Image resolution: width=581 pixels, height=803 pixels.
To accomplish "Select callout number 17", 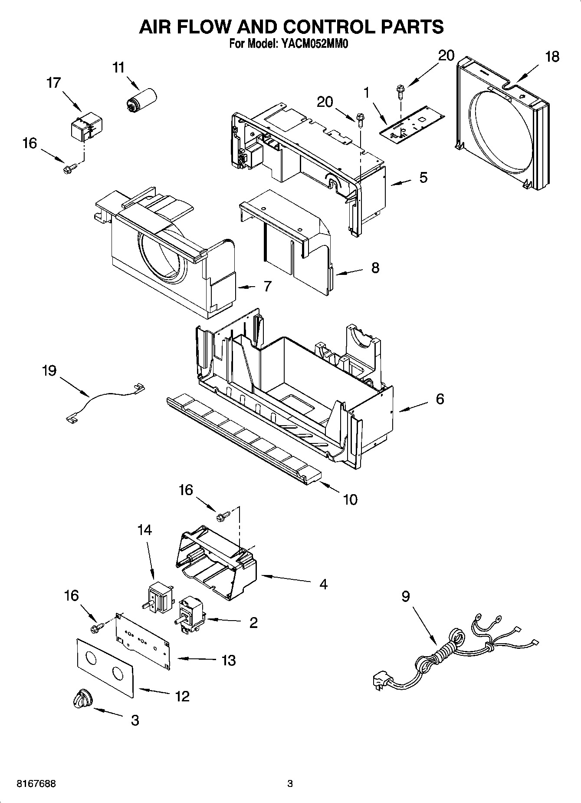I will [x=53, y=83].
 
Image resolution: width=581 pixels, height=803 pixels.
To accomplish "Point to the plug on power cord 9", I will [x=381, y=681].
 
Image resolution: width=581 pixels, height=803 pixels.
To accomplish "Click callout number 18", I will [x=552, y=57].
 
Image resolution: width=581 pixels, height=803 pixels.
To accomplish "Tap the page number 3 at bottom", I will [x=290, y=784].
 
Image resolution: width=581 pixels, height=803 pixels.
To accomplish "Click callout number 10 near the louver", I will [x=350, y=499].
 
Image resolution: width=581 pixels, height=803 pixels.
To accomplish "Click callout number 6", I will [x=440, y=399].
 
